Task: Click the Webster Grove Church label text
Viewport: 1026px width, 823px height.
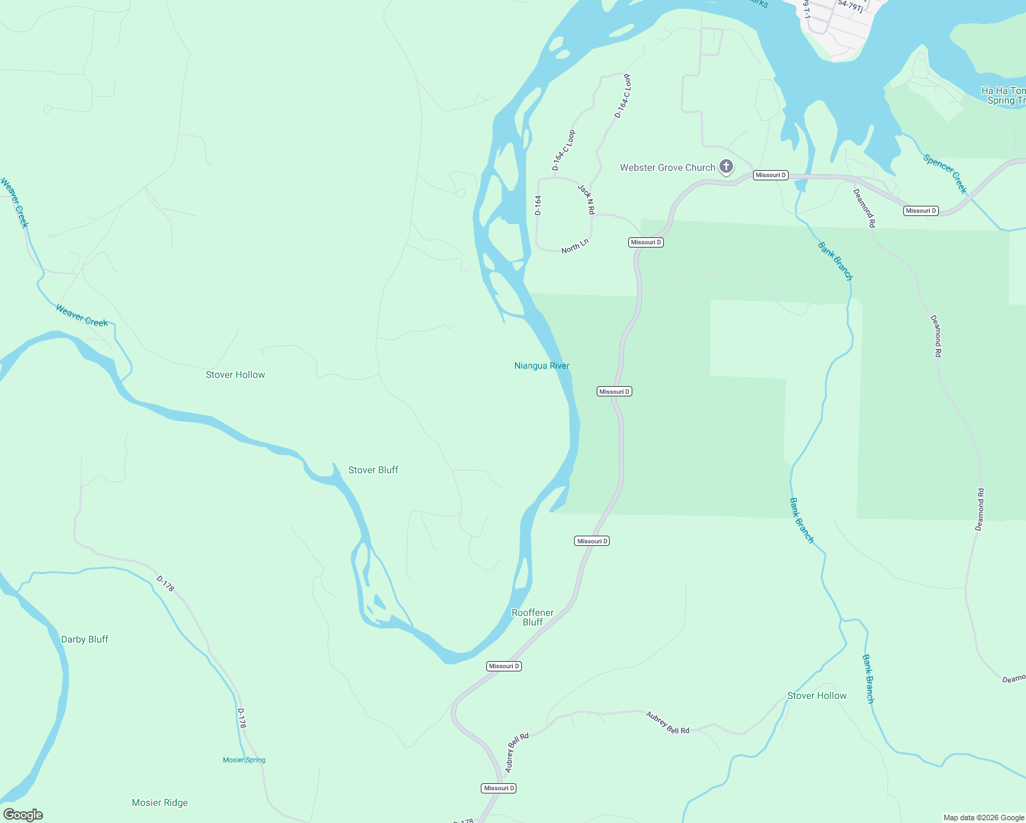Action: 667,167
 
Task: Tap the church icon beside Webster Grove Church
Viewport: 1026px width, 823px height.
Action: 726,167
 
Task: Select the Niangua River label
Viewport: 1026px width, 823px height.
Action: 542,366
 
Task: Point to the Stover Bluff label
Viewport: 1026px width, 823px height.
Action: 373,470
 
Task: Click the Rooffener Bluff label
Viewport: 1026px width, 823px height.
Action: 533,617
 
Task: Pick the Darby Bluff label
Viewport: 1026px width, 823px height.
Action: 84,639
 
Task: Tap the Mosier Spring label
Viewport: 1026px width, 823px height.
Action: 244,760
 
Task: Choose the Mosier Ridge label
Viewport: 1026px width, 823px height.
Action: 160,802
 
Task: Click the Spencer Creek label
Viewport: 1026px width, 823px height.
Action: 945,174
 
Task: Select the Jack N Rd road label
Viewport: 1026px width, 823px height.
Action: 586,200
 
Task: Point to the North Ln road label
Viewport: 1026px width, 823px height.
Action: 575,246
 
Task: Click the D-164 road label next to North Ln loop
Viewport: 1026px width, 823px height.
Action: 538,205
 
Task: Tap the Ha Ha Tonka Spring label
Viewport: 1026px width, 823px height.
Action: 1003,95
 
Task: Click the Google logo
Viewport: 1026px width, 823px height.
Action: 23,815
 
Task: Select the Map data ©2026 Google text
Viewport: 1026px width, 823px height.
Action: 983,818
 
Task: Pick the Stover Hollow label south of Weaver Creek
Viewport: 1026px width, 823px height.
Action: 235,374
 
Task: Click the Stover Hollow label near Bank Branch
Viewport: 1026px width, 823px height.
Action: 817,695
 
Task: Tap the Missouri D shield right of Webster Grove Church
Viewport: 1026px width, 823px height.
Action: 770,175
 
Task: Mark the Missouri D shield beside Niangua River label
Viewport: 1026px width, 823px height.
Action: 614,392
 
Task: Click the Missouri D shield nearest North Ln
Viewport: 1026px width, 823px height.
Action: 646,242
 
